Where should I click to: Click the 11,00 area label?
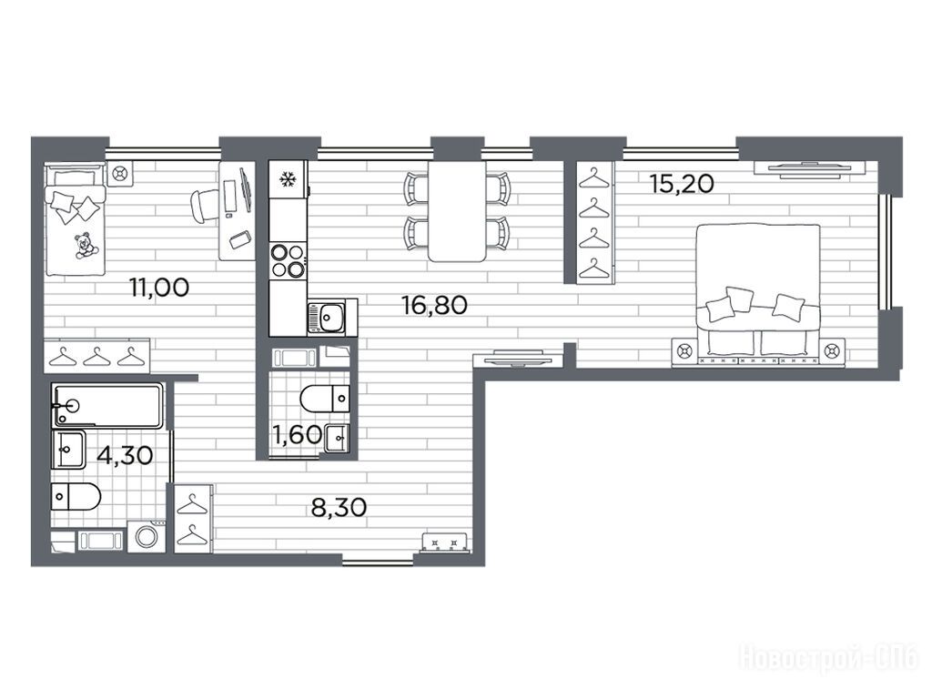[x=159, y=288]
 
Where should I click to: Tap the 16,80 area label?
[x=434, y=306]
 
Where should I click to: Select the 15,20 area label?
[x=682, y=184]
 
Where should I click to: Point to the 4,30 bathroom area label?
[x=125, y=456]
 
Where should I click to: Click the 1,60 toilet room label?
[x=297, y=434]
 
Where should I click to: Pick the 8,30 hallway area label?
[x=339, y=508]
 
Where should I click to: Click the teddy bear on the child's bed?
[x=85, y=246]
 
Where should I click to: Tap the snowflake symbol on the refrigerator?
[x=289, y=179]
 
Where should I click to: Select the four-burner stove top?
[x=288, y=261]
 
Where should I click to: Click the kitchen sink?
[x=326, y=317]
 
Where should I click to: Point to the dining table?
[x=457, y=211]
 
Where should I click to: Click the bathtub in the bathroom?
[x=107, y=405]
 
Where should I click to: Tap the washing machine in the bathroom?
[x=147, y=537]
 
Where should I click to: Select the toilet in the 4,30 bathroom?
[x=76, y=497]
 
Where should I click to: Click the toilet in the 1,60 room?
[x=325, y=399]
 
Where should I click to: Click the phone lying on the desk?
[x=240, y=239]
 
